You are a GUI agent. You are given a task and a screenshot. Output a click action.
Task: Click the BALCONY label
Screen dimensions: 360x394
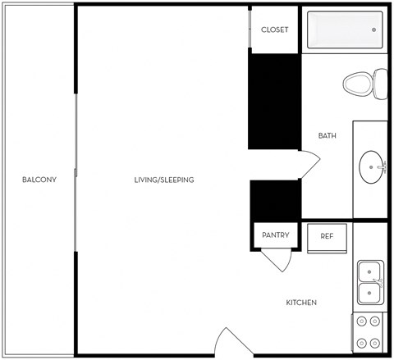[x=39, y=180]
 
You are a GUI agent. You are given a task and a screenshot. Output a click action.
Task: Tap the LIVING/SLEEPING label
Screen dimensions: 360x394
[x=165, y=180]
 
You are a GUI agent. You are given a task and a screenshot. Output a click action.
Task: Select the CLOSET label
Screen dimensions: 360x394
[x=274, y=30]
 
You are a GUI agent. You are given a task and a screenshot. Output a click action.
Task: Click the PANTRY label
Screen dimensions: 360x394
[x=275, y=235]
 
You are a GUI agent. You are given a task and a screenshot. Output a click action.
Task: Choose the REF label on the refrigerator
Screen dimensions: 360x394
[x=327, y=236]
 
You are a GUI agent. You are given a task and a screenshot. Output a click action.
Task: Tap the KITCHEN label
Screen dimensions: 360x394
[x=301, y=303]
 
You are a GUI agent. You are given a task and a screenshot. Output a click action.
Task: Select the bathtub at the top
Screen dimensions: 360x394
[x=344, y=30]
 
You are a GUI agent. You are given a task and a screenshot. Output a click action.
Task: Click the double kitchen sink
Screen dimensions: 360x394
[x=371, y=281]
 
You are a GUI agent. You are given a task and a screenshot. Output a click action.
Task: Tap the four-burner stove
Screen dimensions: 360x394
[x=369, y=332]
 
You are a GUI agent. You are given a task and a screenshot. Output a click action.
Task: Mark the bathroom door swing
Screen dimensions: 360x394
[x=309, y=164]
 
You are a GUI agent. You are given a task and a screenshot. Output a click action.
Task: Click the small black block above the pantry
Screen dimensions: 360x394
[x=275, y=200]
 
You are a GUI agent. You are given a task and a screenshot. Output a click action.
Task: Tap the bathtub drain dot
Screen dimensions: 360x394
[x=373, y=30]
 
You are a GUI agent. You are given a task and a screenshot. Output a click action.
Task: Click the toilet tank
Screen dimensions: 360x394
[x=380, y=83]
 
